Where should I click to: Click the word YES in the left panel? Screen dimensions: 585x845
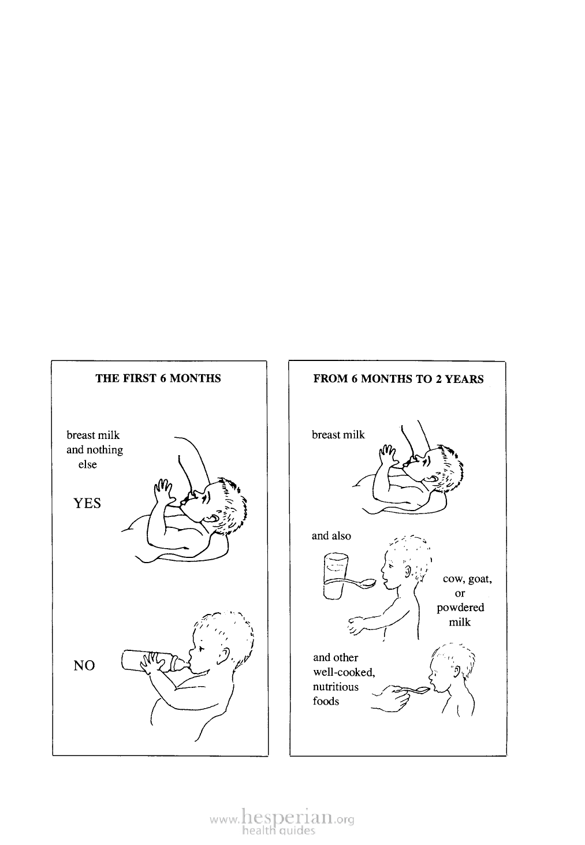click(87, 503)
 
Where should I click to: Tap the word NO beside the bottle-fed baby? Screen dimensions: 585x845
click(84, 665)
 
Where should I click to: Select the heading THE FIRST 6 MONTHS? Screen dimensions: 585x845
click(158, 378)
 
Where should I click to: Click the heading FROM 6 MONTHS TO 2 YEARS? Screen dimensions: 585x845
click(398, 379)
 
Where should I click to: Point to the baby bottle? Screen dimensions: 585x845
click(155, 661)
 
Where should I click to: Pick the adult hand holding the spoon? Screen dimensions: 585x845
click(391, 699)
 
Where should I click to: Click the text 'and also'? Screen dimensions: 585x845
click(331, 536)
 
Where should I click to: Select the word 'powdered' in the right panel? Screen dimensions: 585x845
click(460, 608)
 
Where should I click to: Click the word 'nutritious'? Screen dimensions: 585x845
click(336, 687)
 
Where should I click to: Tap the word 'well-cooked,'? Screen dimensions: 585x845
click(344, 672)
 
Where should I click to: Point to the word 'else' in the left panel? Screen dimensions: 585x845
click(88, 464)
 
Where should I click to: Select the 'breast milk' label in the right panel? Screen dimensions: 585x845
click(338, 435)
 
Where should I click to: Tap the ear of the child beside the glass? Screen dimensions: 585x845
click(408, 571)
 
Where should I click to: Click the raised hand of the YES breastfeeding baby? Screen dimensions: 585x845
click(163, 491)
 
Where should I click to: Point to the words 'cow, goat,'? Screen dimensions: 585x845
click(467, 579)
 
